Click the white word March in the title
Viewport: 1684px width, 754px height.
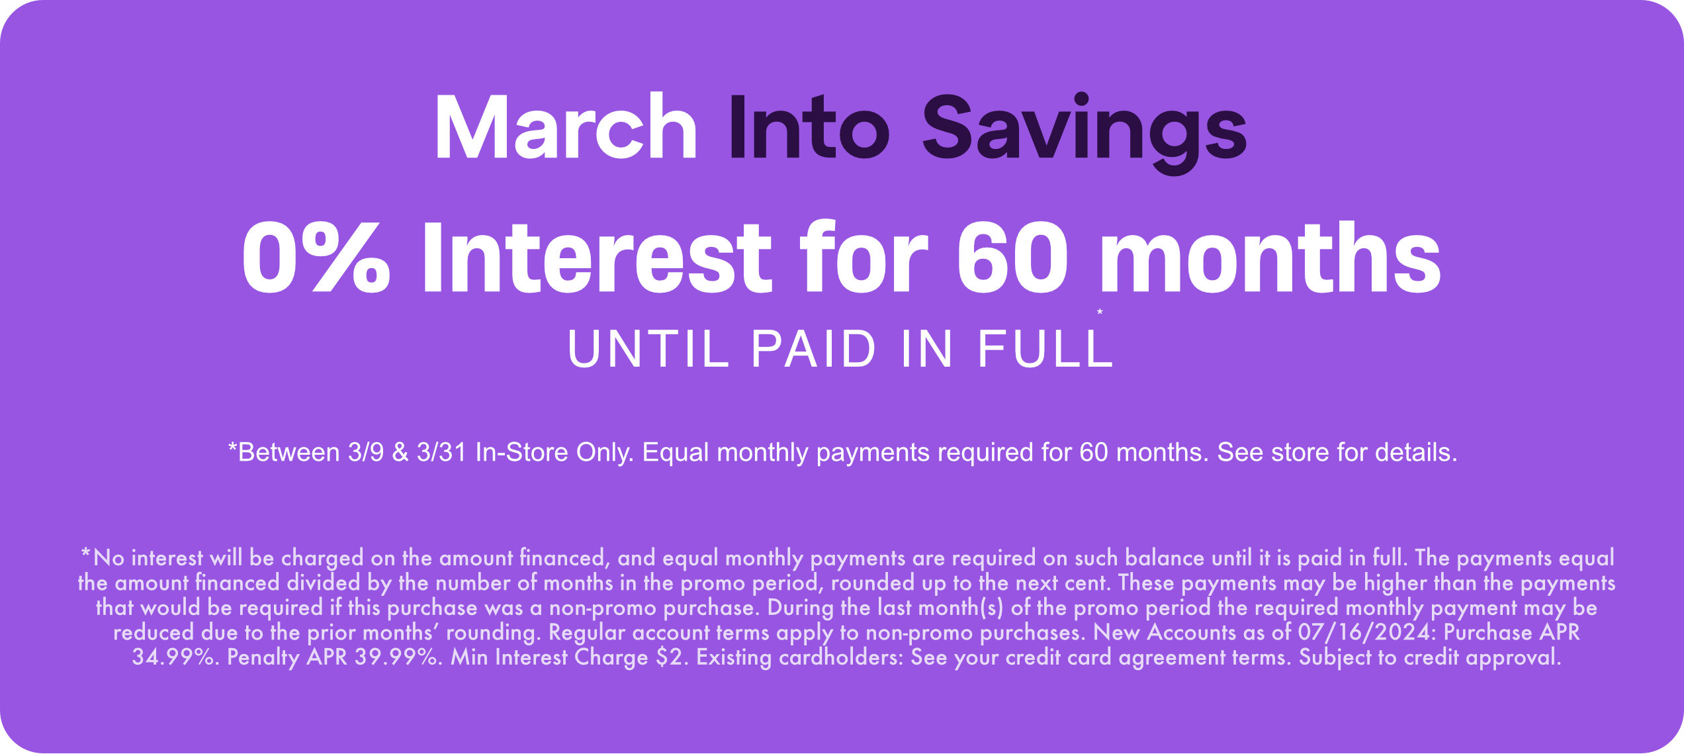[x=566, y=127]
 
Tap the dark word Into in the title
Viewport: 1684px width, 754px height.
[x=809, y=127]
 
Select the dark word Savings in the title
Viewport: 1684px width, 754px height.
[x=1084, y=129]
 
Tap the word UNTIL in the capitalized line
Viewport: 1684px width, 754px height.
[x=648, y=349]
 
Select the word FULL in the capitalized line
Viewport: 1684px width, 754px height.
[x=1045, y=349]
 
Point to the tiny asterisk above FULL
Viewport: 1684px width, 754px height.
[x=1100, y=312]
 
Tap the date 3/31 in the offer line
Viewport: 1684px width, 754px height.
[x=441, y=453]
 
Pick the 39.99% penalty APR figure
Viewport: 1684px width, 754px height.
[x=398, y=658]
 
